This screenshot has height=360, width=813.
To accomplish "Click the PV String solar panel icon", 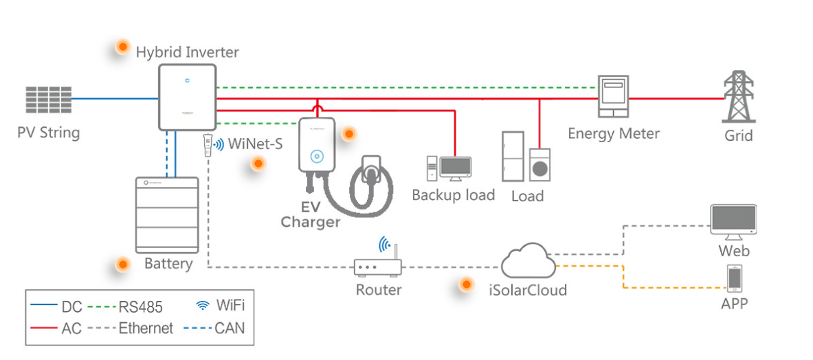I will point(48,100).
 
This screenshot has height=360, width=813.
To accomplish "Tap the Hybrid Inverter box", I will point(188,97).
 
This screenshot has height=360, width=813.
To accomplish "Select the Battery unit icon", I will point(166,214).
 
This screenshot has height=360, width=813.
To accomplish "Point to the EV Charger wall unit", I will point(316,147).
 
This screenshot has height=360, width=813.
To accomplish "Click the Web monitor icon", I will point(734,221).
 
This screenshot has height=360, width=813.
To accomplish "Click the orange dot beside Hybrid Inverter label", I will point(122,47).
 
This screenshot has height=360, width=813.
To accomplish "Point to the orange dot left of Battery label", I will point(122,264).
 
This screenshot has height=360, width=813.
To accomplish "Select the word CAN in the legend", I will point(230,328).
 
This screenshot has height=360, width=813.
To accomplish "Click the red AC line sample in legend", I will point(43,328).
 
